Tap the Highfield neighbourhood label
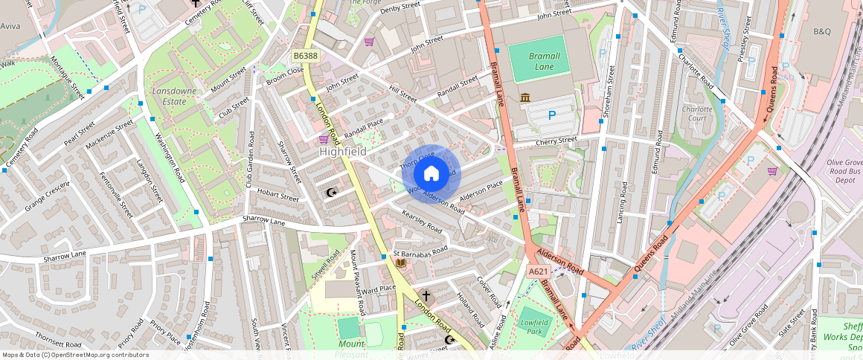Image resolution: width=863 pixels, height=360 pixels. (x=342, y=151)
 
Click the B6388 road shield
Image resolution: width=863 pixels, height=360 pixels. (x=305, y=56)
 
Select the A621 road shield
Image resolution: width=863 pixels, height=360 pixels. (x=539, y=272)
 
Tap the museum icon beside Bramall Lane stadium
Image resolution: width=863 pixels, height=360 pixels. (x=525, y=98)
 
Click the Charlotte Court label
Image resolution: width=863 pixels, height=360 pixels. (x=697, y=113)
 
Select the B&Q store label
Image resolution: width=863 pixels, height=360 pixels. (x=821, y=31)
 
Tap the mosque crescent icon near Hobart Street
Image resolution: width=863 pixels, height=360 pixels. (x=331, y=193)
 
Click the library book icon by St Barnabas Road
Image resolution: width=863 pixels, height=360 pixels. (x=401, y=263)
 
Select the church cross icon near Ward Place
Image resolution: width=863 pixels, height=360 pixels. (x=426, y=295)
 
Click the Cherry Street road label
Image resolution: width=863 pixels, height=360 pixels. (x=556, y=140)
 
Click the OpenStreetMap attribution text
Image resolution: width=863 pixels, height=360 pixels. (x=75, y=355)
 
